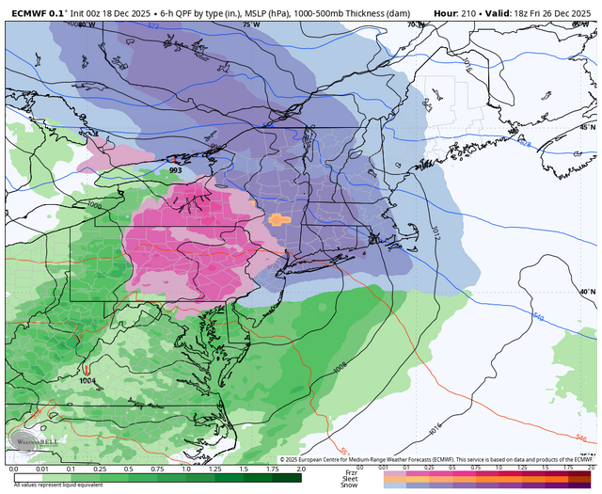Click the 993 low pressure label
click(176, 170)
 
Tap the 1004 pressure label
click(87, 379)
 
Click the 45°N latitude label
click(587, 126)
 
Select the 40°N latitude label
click(587, 293)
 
